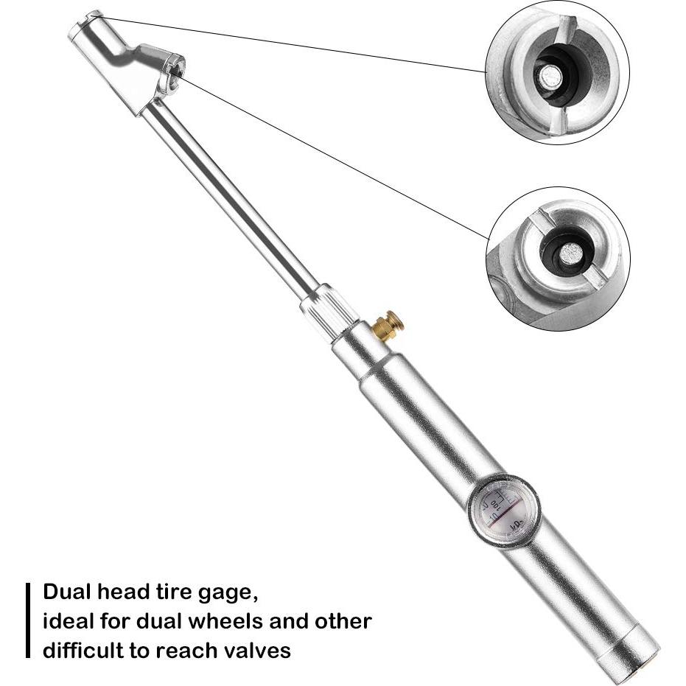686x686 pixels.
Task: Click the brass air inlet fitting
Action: point(388,325)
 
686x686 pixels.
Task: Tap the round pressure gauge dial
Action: point(504,510)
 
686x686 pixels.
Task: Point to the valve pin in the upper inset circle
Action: point(547,77)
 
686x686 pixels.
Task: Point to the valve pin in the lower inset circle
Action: point(570,254)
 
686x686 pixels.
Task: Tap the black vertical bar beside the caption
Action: point(27,620)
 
